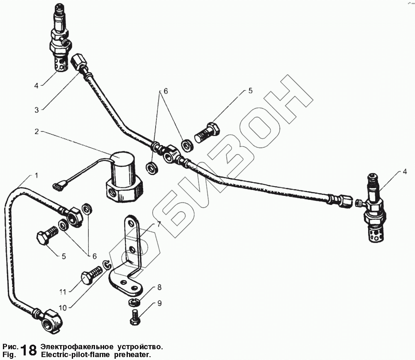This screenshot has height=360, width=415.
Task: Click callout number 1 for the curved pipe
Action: click(36, 176)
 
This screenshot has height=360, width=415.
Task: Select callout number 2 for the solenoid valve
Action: click(37, 131)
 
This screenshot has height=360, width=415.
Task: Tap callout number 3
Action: click(37, 110)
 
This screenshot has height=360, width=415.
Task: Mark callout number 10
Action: click(62, 307)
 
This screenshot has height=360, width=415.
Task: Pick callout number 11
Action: click(62, 292)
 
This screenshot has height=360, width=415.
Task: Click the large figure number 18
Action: click(28, 349)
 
